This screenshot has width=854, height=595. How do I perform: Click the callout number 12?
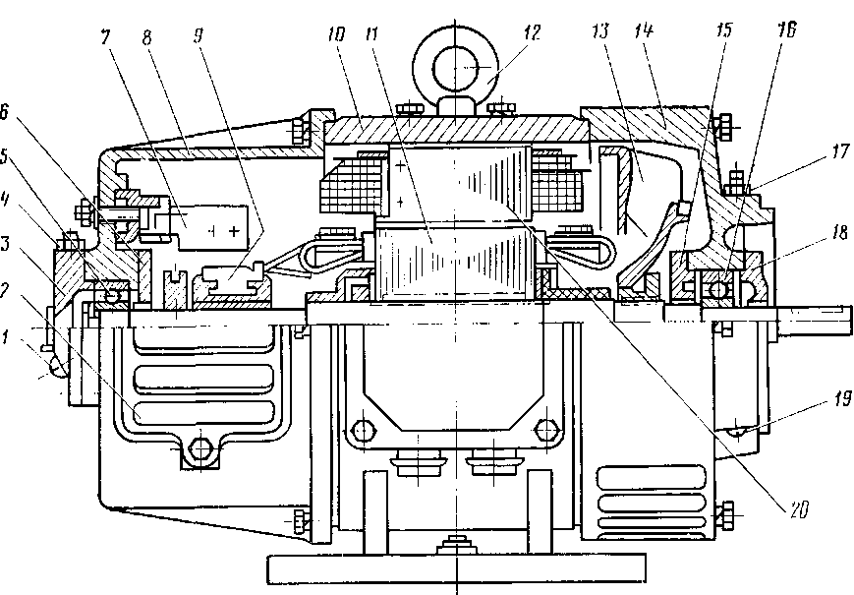click(x=532, y=33)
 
